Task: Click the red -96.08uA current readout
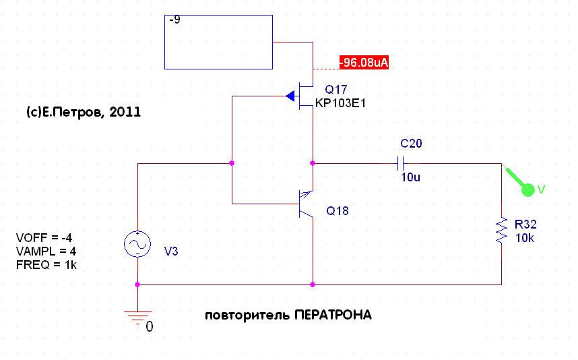tap(364, 63)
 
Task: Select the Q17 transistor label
tap(336, 90)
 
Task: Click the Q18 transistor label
tap(338, 211)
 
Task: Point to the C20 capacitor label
tap(411, 144)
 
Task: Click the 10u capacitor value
tap(410, 177)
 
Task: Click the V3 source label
tap(172, 251)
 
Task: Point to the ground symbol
tap(137, 315)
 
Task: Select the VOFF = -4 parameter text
tap(44, 238)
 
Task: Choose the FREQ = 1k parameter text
tap(46, 264)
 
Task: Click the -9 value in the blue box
tap(174, 20)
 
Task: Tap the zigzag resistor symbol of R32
tap(502, 231)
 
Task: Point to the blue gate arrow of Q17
tap(290, 96)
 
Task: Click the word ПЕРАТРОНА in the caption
tap(333, 316)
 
